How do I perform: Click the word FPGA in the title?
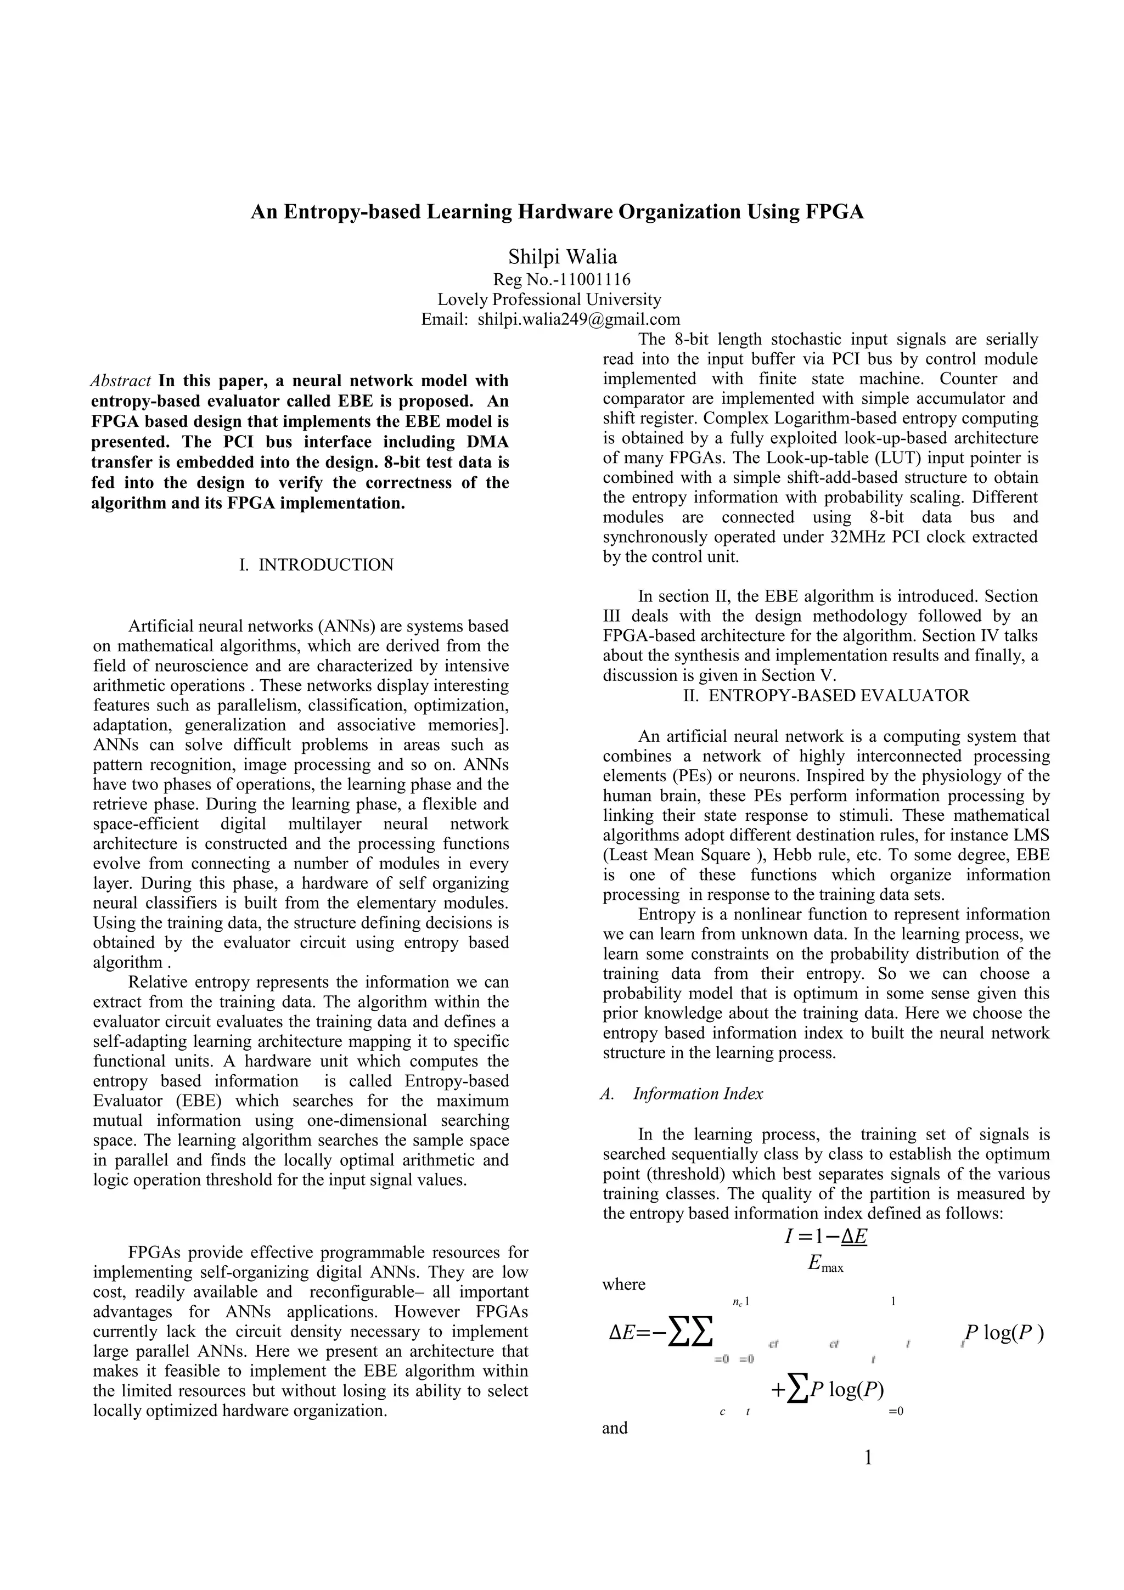tap(834, 211)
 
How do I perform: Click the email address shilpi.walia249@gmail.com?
tap(578, 319)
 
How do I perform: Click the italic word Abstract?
tap(121, 381)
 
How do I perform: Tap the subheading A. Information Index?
tap(682, 1093)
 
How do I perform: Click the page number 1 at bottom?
tap(868, 1458)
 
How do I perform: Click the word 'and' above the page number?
tap(615, 1428)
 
